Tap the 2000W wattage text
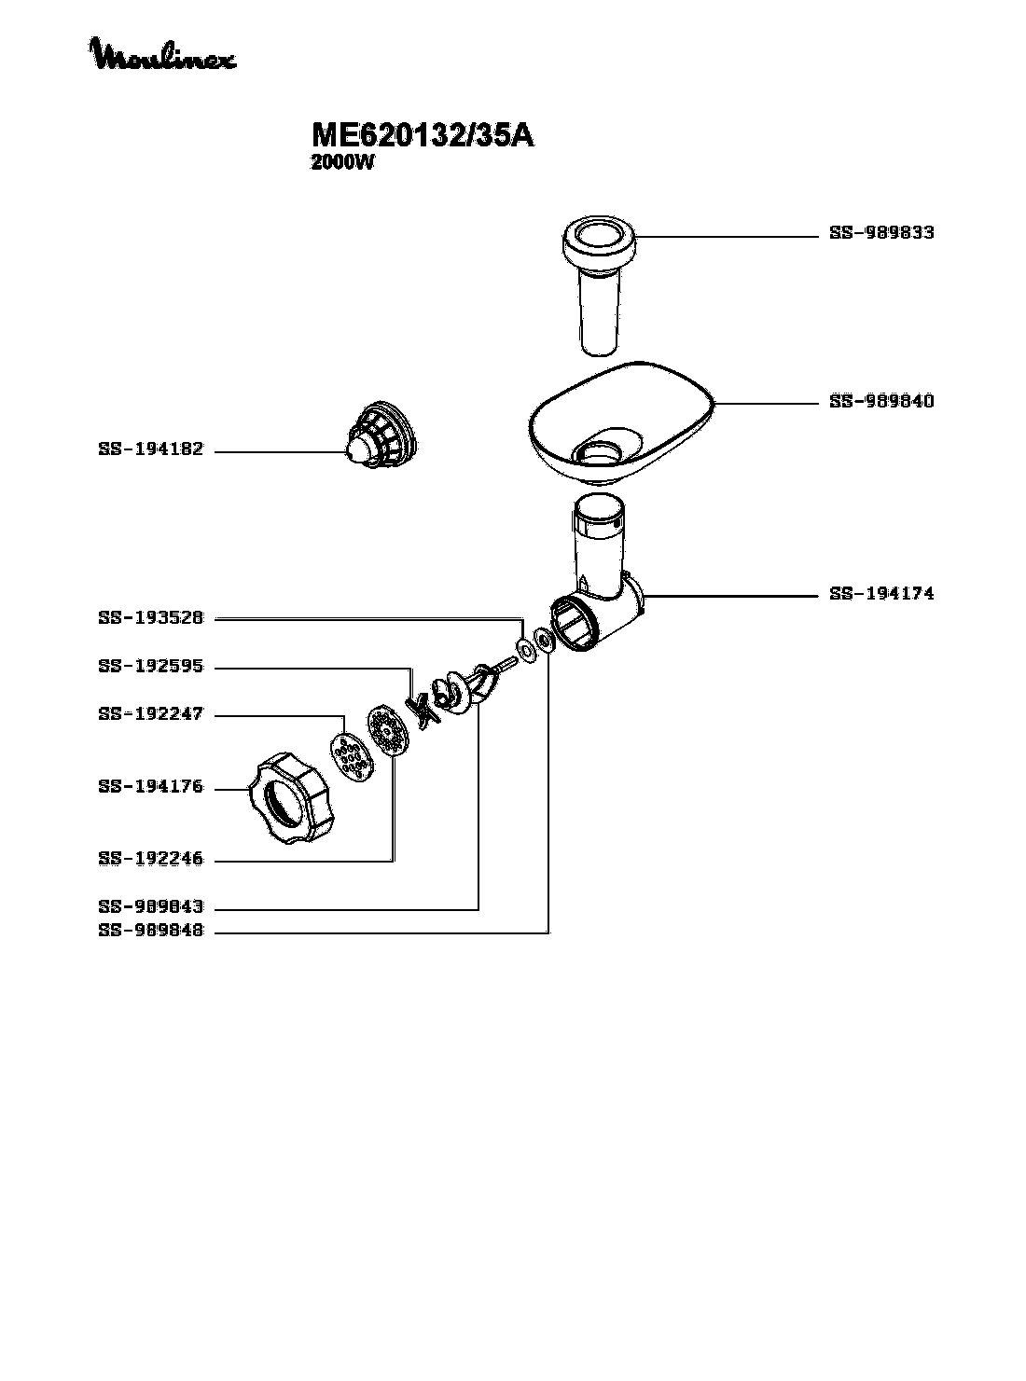341,162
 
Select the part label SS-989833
881,233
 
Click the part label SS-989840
881,402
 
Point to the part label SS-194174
881,593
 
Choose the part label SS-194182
150,450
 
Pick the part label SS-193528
150,617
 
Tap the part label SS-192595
150,667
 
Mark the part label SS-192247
150,715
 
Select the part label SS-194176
150,787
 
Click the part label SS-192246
150,859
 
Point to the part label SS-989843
150,906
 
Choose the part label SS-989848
150,931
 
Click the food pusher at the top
598,280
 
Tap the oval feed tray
620,424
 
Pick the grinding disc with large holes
349,756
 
